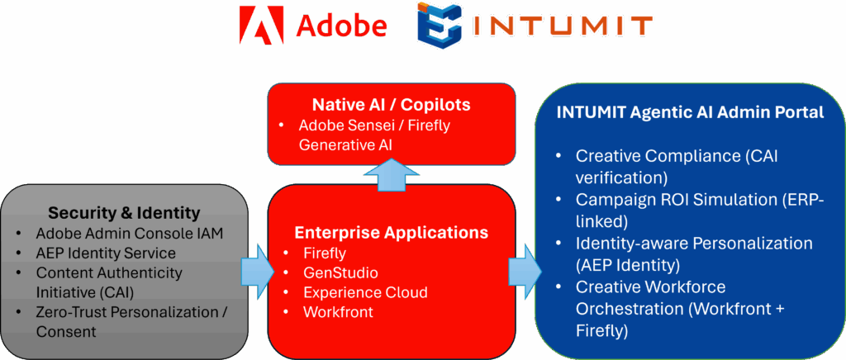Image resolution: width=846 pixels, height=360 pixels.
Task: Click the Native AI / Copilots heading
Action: (392, 105)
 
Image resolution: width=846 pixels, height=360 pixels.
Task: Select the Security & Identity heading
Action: (124, 212)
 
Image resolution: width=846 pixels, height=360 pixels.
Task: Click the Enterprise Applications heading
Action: (392, 232)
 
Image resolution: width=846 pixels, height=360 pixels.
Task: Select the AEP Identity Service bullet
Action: (105, 252)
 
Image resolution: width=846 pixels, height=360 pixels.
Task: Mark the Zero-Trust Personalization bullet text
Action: (131, 312)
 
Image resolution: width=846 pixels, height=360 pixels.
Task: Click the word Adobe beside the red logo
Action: (342, 24)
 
